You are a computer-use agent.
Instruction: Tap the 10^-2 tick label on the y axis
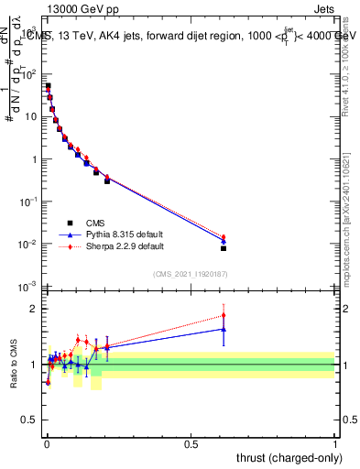[27, 245]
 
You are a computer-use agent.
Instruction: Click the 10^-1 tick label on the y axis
[27, 202]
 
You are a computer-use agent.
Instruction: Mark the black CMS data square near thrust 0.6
[224, 248]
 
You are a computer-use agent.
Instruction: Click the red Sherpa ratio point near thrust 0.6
[224, 315]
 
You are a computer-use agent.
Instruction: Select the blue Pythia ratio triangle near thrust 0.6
[224, 329]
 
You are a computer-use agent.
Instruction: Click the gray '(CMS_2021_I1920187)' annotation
[189, 274]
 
